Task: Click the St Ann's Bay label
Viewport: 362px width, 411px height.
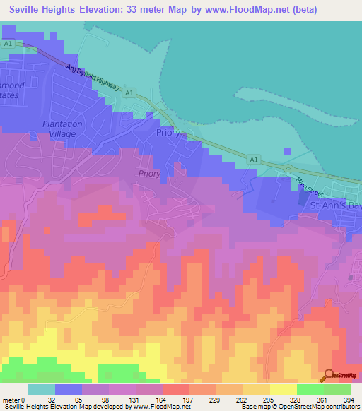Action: (336, 205)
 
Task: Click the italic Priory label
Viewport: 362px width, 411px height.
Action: (149, 173)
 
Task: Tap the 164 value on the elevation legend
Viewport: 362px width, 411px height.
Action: (162, 401)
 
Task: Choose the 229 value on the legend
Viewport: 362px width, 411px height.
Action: (216, 401)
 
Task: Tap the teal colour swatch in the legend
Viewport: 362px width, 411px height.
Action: (41, 389)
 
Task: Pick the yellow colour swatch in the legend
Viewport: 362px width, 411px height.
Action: (283, 389)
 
